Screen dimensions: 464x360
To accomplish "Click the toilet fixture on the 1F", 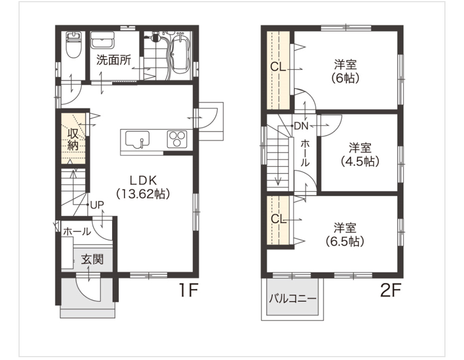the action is click(x=73, y=45).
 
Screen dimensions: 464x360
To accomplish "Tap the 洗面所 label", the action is click(x=114, y=60).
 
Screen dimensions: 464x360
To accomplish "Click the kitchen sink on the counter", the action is click(x=137, y=139).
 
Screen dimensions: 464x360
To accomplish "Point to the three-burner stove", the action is click(x=177, y=139).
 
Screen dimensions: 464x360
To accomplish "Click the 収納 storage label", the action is click(x=73, y=140).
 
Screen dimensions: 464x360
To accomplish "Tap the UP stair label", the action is click(x=97, y=205).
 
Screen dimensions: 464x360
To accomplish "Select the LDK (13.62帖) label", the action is click(x=143, y=187).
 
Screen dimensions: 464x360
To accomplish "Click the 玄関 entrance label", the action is click(x=92, y=260).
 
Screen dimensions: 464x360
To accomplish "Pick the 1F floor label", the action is click(x=188, y=290).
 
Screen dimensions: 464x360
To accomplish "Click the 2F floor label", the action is click(x=391, y=290).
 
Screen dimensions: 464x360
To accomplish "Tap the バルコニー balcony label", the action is click(x=293, y=298).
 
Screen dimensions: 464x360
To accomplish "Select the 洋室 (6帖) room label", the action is click(x=345, y=71).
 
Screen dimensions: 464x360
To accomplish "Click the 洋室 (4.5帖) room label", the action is click(x=360, y=154).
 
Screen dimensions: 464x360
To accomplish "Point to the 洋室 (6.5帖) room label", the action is click(x=345, y=235).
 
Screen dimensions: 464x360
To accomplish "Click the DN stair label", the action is click(x=301, y=126).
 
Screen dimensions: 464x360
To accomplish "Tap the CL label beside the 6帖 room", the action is click(x=278, y=67).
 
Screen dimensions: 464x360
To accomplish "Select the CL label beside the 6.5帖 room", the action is click(x=279, y=219).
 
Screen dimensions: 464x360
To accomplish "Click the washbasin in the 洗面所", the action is click(x=103, y=40).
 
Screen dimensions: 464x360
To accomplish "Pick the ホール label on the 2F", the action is click(x=305, y=153).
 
